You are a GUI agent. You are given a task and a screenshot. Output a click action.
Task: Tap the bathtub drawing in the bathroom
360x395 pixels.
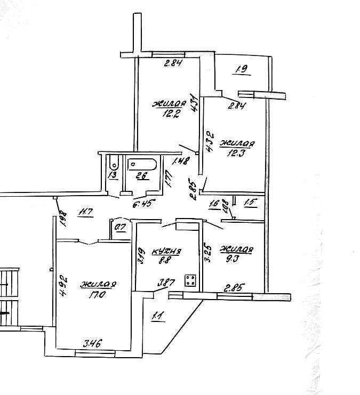pyautogui.click(x=142, y=165)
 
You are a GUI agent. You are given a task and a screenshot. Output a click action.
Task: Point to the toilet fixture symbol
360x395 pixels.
pyautogui.click(x=113, y=164)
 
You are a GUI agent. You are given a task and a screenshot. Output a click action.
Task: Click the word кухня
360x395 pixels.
pyautogui.click(x=167, y=252)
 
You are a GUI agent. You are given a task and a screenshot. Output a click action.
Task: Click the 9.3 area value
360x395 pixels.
pyautogui.click(x=237, y=259)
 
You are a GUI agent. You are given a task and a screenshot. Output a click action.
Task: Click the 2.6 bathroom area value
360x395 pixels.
pyautogui.click(x=141, y=177)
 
